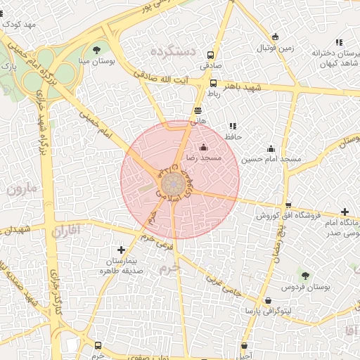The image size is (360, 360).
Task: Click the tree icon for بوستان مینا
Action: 96,49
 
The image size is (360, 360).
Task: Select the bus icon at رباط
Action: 213,83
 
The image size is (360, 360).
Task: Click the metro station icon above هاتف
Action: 198,110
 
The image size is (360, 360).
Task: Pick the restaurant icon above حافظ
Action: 233,126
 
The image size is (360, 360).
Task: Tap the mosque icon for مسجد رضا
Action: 204,148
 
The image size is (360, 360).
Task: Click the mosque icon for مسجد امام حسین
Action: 271,148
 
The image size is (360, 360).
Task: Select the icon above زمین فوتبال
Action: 275,37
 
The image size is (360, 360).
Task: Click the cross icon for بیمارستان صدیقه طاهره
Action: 122,250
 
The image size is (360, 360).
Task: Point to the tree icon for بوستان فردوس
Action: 305,275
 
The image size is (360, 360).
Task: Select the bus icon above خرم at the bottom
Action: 98,346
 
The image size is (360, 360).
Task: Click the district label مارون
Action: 20,188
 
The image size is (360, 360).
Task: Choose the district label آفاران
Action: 67,229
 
